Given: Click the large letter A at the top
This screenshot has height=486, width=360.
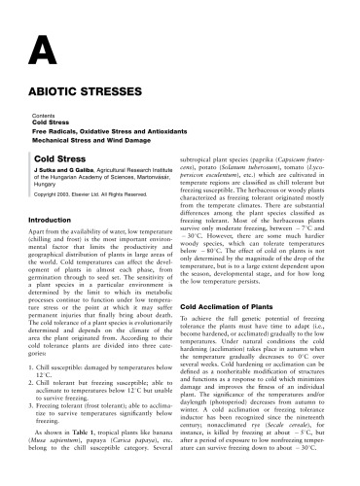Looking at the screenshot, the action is [45, 49].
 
